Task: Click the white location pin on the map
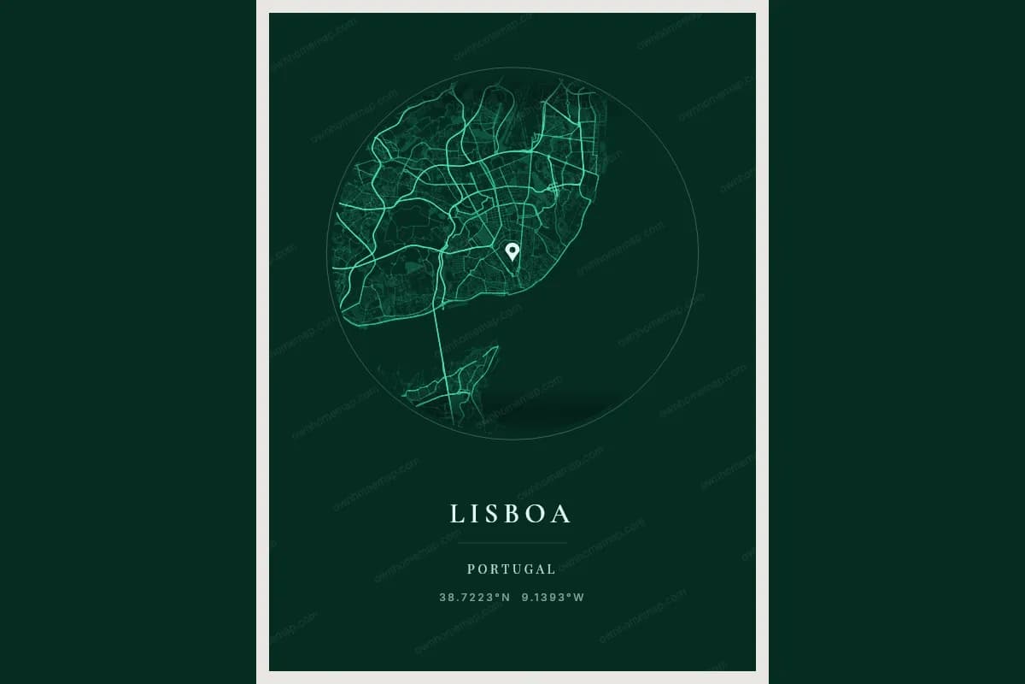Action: point(512,251)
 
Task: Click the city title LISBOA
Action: point(511,513)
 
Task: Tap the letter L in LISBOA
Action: point(457,513)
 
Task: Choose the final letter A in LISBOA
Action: point(562,513)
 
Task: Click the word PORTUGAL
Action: point(512,569)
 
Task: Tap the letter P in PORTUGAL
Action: point(471,569)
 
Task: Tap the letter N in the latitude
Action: point(506,598)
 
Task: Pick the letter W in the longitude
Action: point(579,598)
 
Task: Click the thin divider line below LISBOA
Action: point(512,543)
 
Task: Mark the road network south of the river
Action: point(453,385)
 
